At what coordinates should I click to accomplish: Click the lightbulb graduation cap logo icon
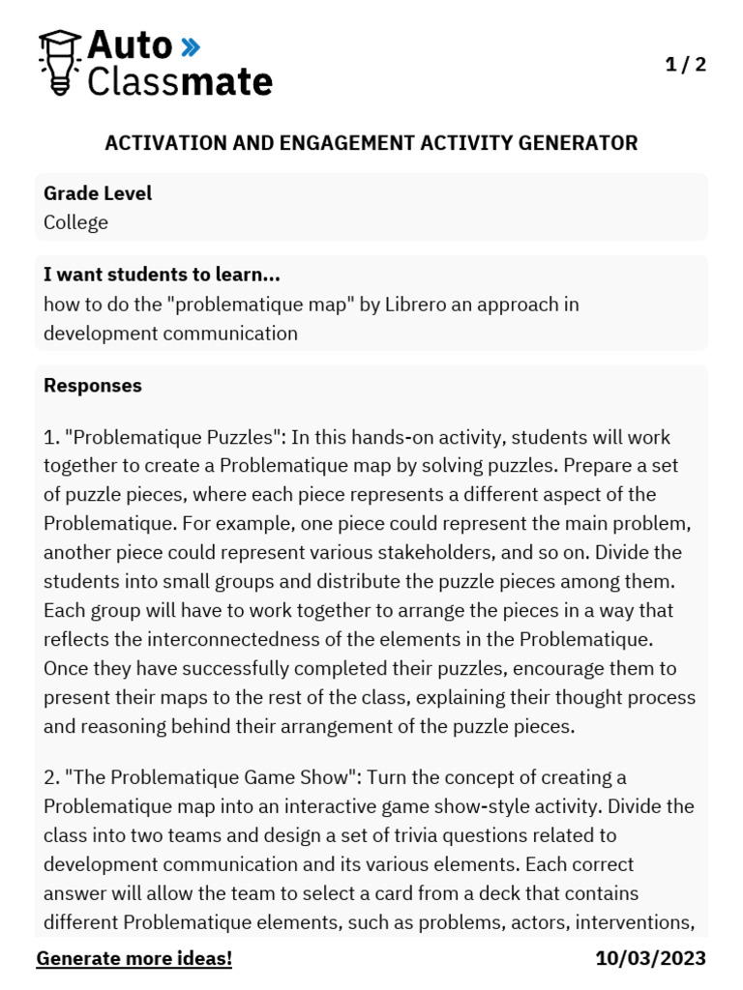[59, 62]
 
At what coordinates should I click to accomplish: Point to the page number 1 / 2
[686, 65]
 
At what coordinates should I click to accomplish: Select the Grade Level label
[98, 193]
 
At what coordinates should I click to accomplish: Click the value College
[75, 222]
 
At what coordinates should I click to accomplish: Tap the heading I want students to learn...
[162, 275]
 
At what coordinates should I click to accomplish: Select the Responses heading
[93, 386]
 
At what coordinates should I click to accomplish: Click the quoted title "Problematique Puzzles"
[171, 437]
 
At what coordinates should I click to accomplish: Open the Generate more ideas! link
[134, 959]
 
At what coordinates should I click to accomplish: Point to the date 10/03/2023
[650, 959]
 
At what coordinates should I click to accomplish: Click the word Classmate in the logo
[180, 81]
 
